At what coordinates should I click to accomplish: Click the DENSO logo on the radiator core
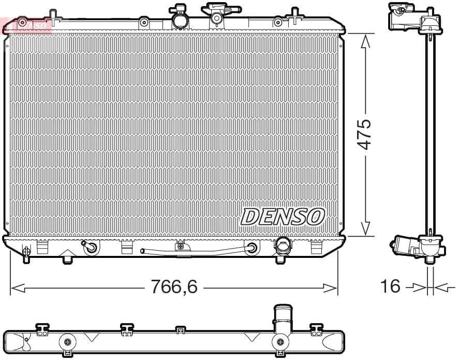pos(283,217)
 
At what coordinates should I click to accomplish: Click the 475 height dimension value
pos(365,134)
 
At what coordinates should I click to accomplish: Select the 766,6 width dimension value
pos(174,286)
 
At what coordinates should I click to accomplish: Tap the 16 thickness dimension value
pos(391,286)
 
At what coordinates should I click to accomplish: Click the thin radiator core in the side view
pos(431,135)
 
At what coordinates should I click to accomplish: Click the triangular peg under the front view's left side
pos(68,258)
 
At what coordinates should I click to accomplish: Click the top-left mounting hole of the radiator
pos(22,22)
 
